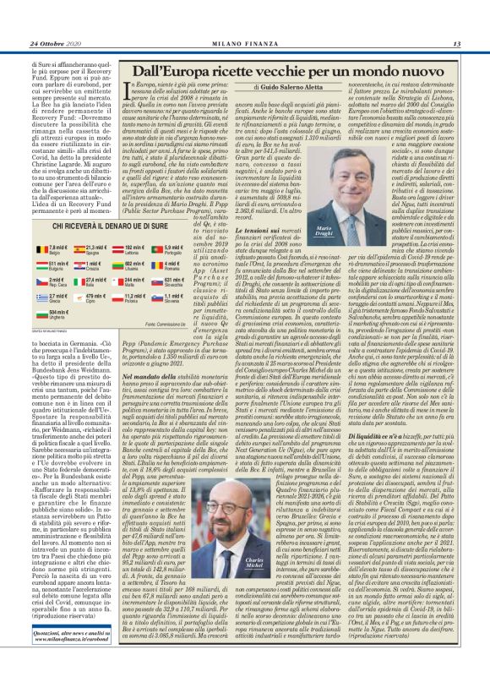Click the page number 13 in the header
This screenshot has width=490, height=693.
point(456,44)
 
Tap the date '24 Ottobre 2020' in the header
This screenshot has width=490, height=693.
point(58,44)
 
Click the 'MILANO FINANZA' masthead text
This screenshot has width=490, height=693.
point(246,44)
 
